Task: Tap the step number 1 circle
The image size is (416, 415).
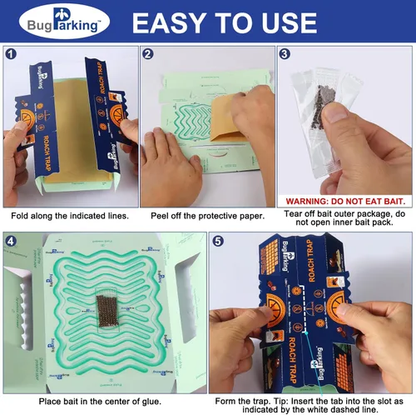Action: pyautogui.click(x=12, y=56)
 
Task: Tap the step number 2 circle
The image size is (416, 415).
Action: pyautogui.click(x=148, y=56)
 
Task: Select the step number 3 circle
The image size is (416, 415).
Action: pyautogui.click(x=284, y=56)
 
